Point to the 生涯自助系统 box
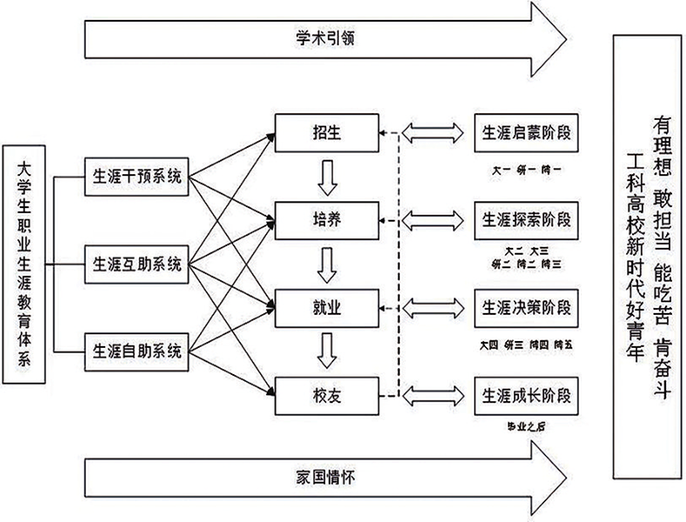(x=137, y=351)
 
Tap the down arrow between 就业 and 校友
(x=327, y=351)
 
